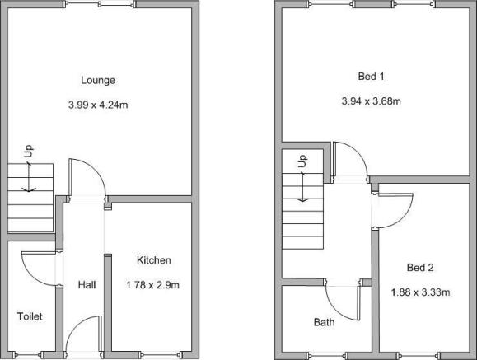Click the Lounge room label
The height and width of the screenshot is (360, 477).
[x=98, y=81]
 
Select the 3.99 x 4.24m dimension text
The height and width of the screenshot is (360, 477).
[x=98, y=105]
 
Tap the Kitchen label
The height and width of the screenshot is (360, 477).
[x=153, y=260]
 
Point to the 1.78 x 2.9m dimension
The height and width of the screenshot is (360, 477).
[x=152, y=285]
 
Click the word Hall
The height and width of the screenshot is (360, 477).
[x=87, y=285]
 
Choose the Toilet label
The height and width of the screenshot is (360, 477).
[x=30, y=316]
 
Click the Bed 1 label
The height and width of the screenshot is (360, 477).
[x=371, y=76]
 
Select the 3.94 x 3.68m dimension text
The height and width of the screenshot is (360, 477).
[x=371, y=101]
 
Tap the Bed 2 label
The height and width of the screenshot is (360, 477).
[x=420, y=268]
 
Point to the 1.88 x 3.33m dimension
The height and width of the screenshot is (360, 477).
[x=420, y=292]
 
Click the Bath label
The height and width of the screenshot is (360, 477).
[x=324, y=322]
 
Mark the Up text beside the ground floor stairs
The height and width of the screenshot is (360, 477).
[x=29, y=152]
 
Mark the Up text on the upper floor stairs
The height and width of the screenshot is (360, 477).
[x=302, y=161]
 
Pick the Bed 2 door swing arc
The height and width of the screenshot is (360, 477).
[x=404, y=218]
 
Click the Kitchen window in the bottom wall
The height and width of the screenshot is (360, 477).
[x=161, y=355]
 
